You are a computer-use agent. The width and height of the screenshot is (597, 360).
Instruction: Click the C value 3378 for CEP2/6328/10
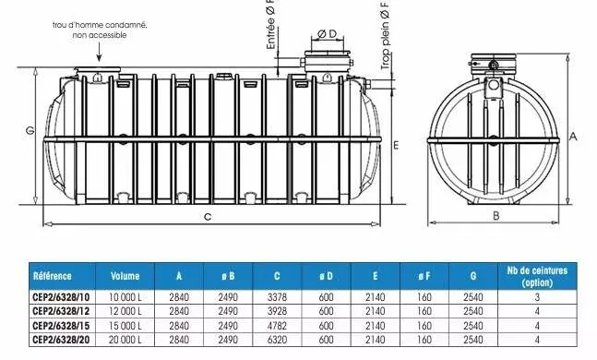pos(277,296)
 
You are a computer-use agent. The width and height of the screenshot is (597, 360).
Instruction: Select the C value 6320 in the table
pos(277,340)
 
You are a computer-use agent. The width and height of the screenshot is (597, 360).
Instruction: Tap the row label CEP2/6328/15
pos(61,326)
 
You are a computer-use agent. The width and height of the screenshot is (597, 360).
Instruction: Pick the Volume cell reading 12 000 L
pos(125,311)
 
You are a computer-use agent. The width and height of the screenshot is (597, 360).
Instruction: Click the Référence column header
pos(53,276)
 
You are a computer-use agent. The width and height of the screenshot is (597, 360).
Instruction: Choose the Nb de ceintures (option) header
pos(537,276)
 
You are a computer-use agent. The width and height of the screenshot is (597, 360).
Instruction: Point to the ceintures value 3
pos(537,297)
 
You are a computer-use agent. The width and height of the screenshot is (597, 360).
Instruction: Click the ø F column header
pos(424,276)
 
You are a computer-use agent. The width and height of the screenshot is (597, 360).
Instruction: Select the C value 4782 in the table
pos(277,326)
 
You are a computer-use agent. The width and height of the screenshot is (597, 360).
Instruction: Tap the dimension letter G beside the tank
pos(30,131)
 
